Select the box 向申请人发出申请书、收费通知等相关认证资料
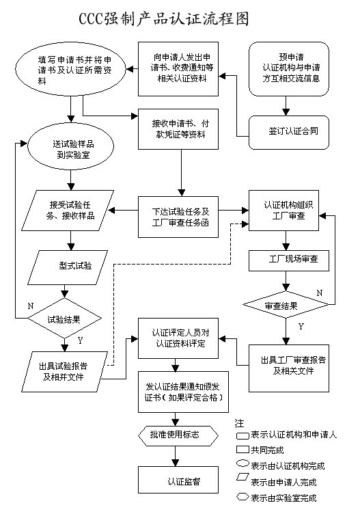[181, 69]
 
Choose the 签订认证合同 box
[290, 127]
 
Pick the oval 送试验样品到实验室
[70, 150]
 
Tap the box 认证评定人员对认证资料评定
[181, 338]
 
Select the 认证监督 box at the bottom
[180, 479]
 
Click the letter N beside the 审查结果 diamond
[319, 293]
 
